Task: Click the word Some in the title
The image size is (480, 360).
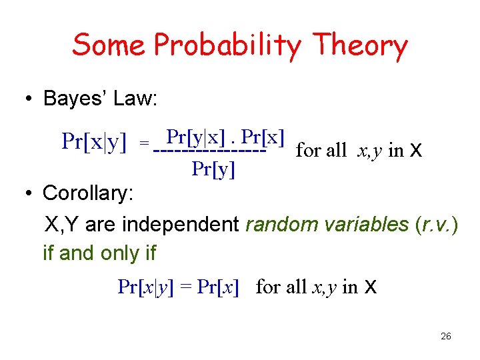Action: (x=109, y=45)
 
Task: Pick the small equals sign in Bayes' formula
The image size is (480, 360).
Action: (x=143, y=143)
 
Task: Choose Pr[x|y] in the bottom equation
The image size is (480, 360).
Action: (x=145, y=287)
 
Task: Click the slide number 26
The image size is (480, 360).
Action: (x=446, y=337)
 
